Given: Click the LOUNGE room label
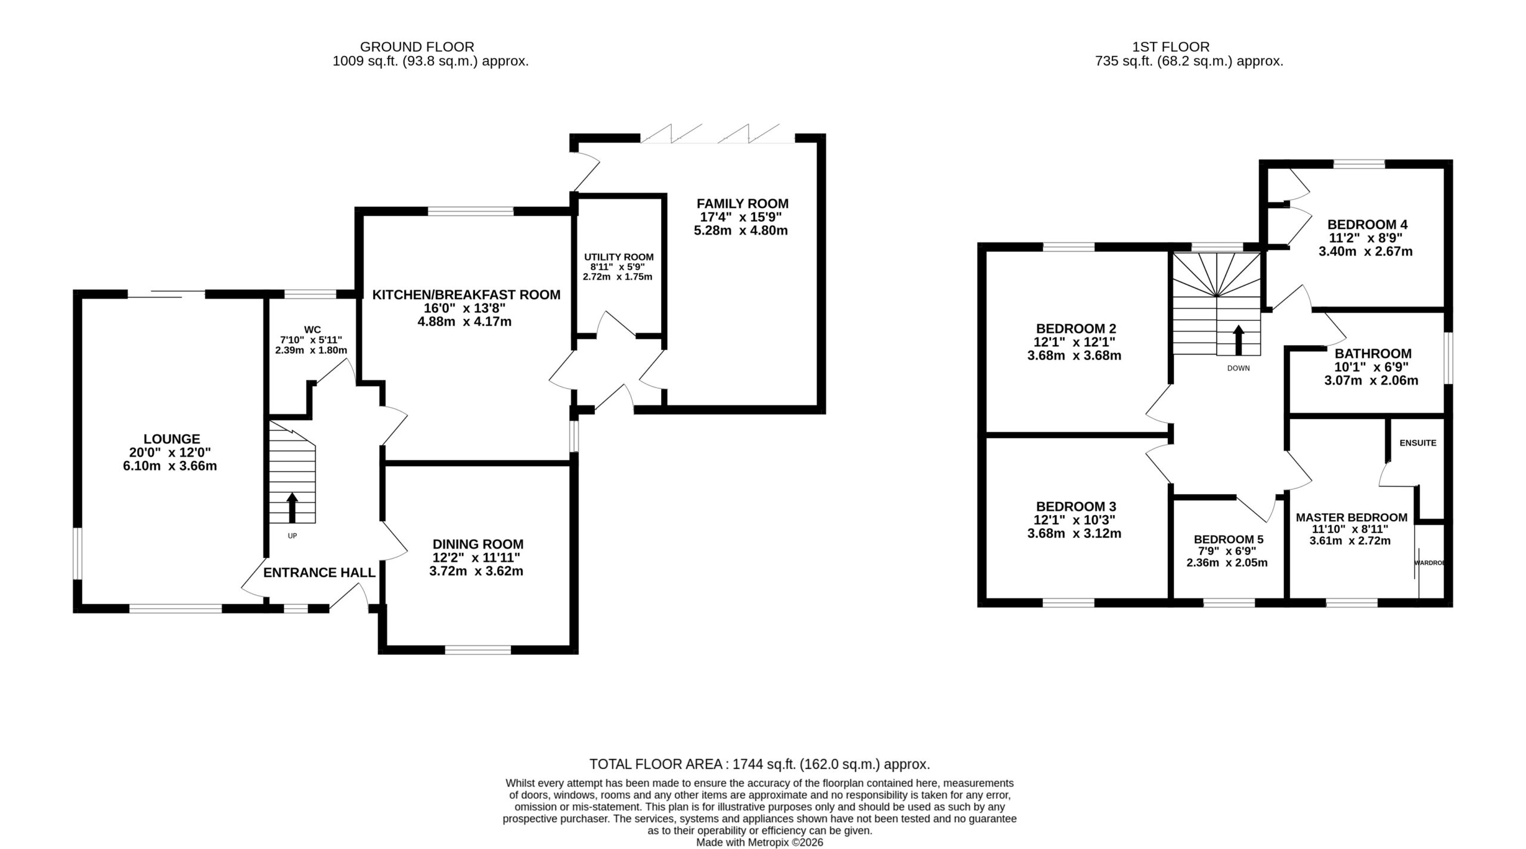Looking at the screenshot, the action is tap(172, 439).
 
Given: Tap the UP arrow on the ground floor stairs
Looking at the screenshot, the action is tap(292, 507).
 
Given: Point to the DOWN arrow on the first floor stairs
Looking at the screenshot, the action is tap(1238, 340).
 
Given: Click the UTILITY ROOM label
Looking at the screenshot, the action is tap(619, 257).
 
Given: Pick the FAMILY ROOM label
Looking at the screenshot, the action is tap(742, 203).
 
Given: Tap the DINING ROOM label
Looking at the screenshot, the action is tap(478, 544).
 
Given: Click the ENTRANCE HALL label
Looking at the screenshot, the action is tap(320, 573).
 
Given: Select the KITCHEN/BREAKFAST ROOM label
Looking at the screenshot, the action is tap(466, 295).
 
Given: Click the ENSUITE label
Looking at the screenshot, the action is tap(1418, 443).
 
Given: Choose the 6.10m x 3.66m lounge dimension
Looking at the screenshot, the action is tap(170, 466).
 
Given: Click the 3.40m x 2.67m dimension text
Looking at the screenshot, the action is tap(1366, 252).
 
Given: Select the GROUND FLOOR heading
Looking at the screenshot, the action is tap(417, 47).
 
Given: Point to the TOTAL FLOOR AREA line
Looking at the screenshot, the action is tap(760, 764).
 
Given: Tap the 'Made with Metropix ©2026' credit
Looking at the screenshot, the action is tap(760, 842).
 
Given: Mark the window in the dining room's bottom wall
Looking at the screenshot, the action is tap(478, 650).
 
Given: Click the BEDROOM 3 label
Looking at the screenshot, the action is tap(1076, 507).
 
